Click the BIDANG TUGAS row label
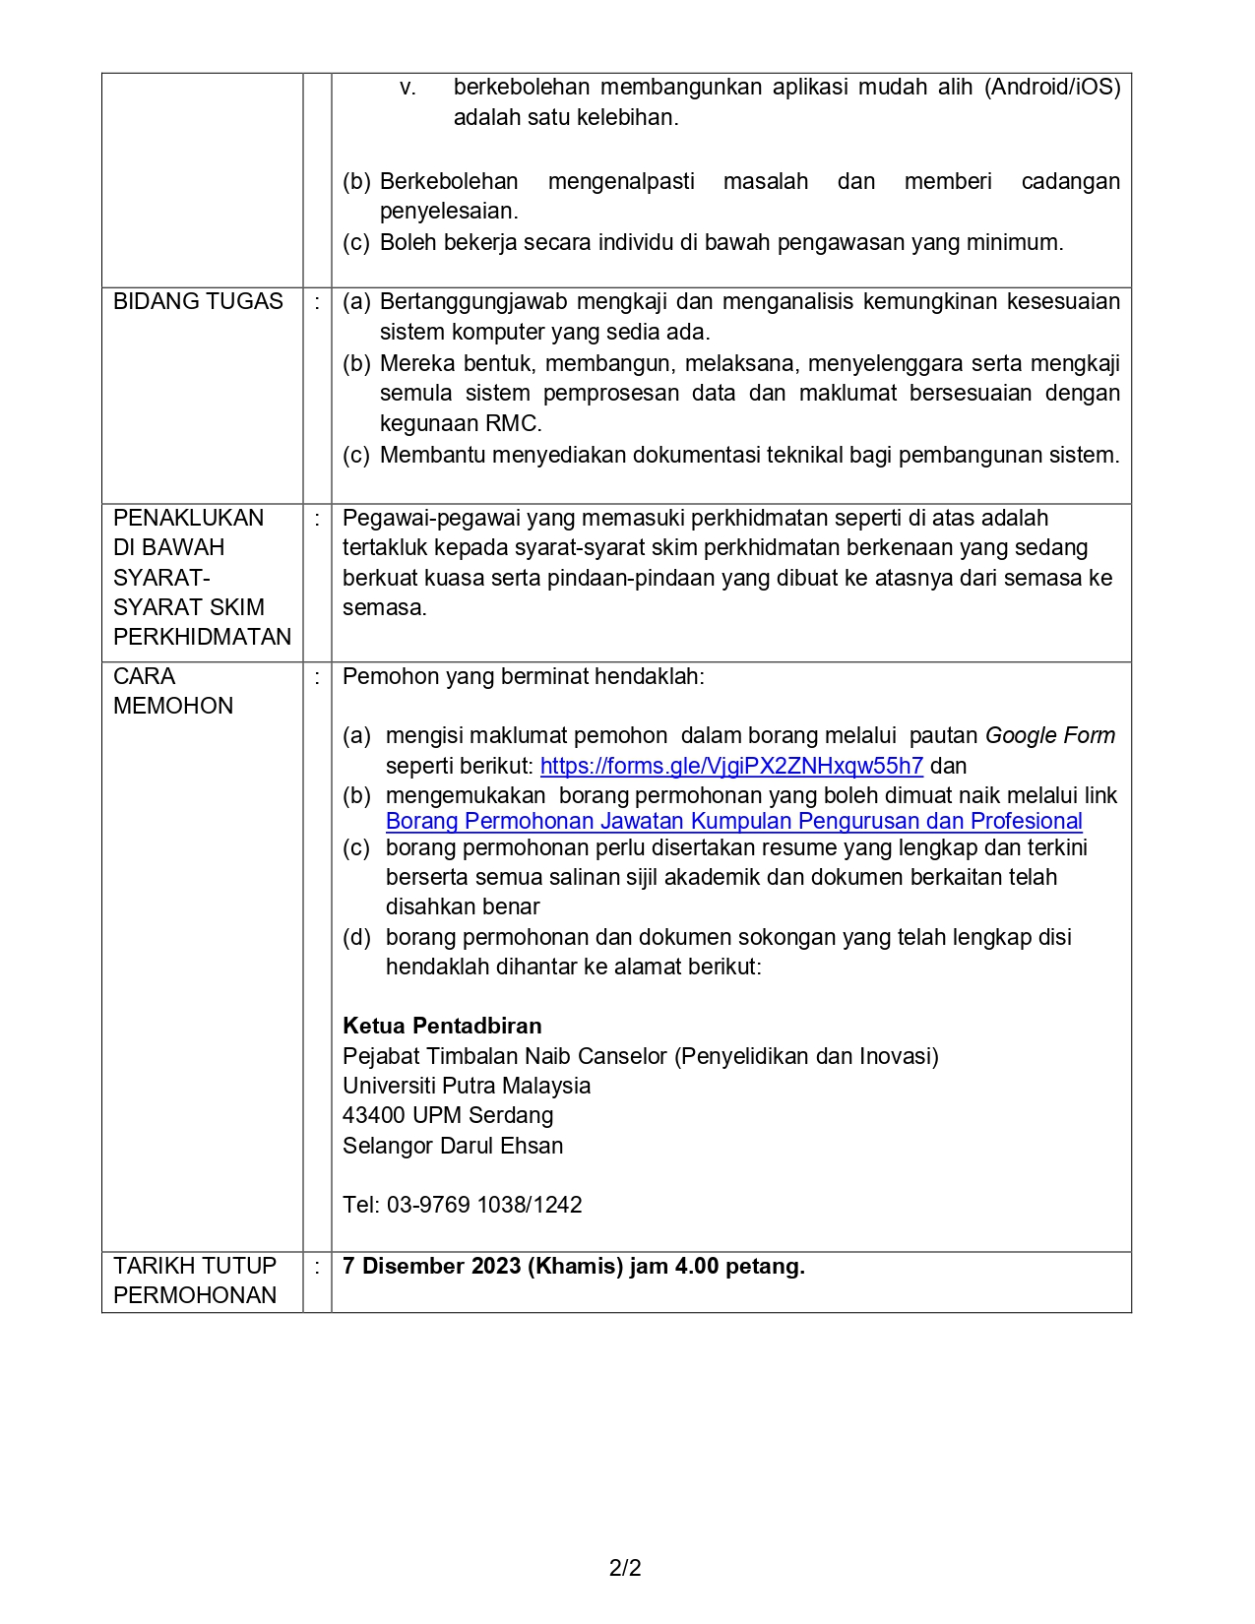point(198,302)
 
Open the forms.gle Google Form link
point(731,766)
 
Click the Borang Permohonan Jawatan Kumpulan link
point(733,822)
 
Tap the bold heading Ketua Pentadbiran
point(442,1026)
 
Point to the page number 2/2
point(625,1568)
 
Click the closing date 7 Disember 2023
point(431,1266)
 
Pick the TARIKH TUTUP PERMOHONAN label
point(195,1280)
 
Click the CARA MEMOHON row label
point(173,691)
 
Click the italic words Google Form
point(1049,735)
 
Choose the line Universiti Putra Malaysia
point(467,1086)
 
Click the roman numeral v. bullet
point(408,88)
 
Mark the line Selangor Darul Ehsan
point(453,1146)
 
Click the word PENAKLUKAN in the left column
point(188,519)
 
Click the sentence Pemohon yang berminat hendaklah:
point(524,676)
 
